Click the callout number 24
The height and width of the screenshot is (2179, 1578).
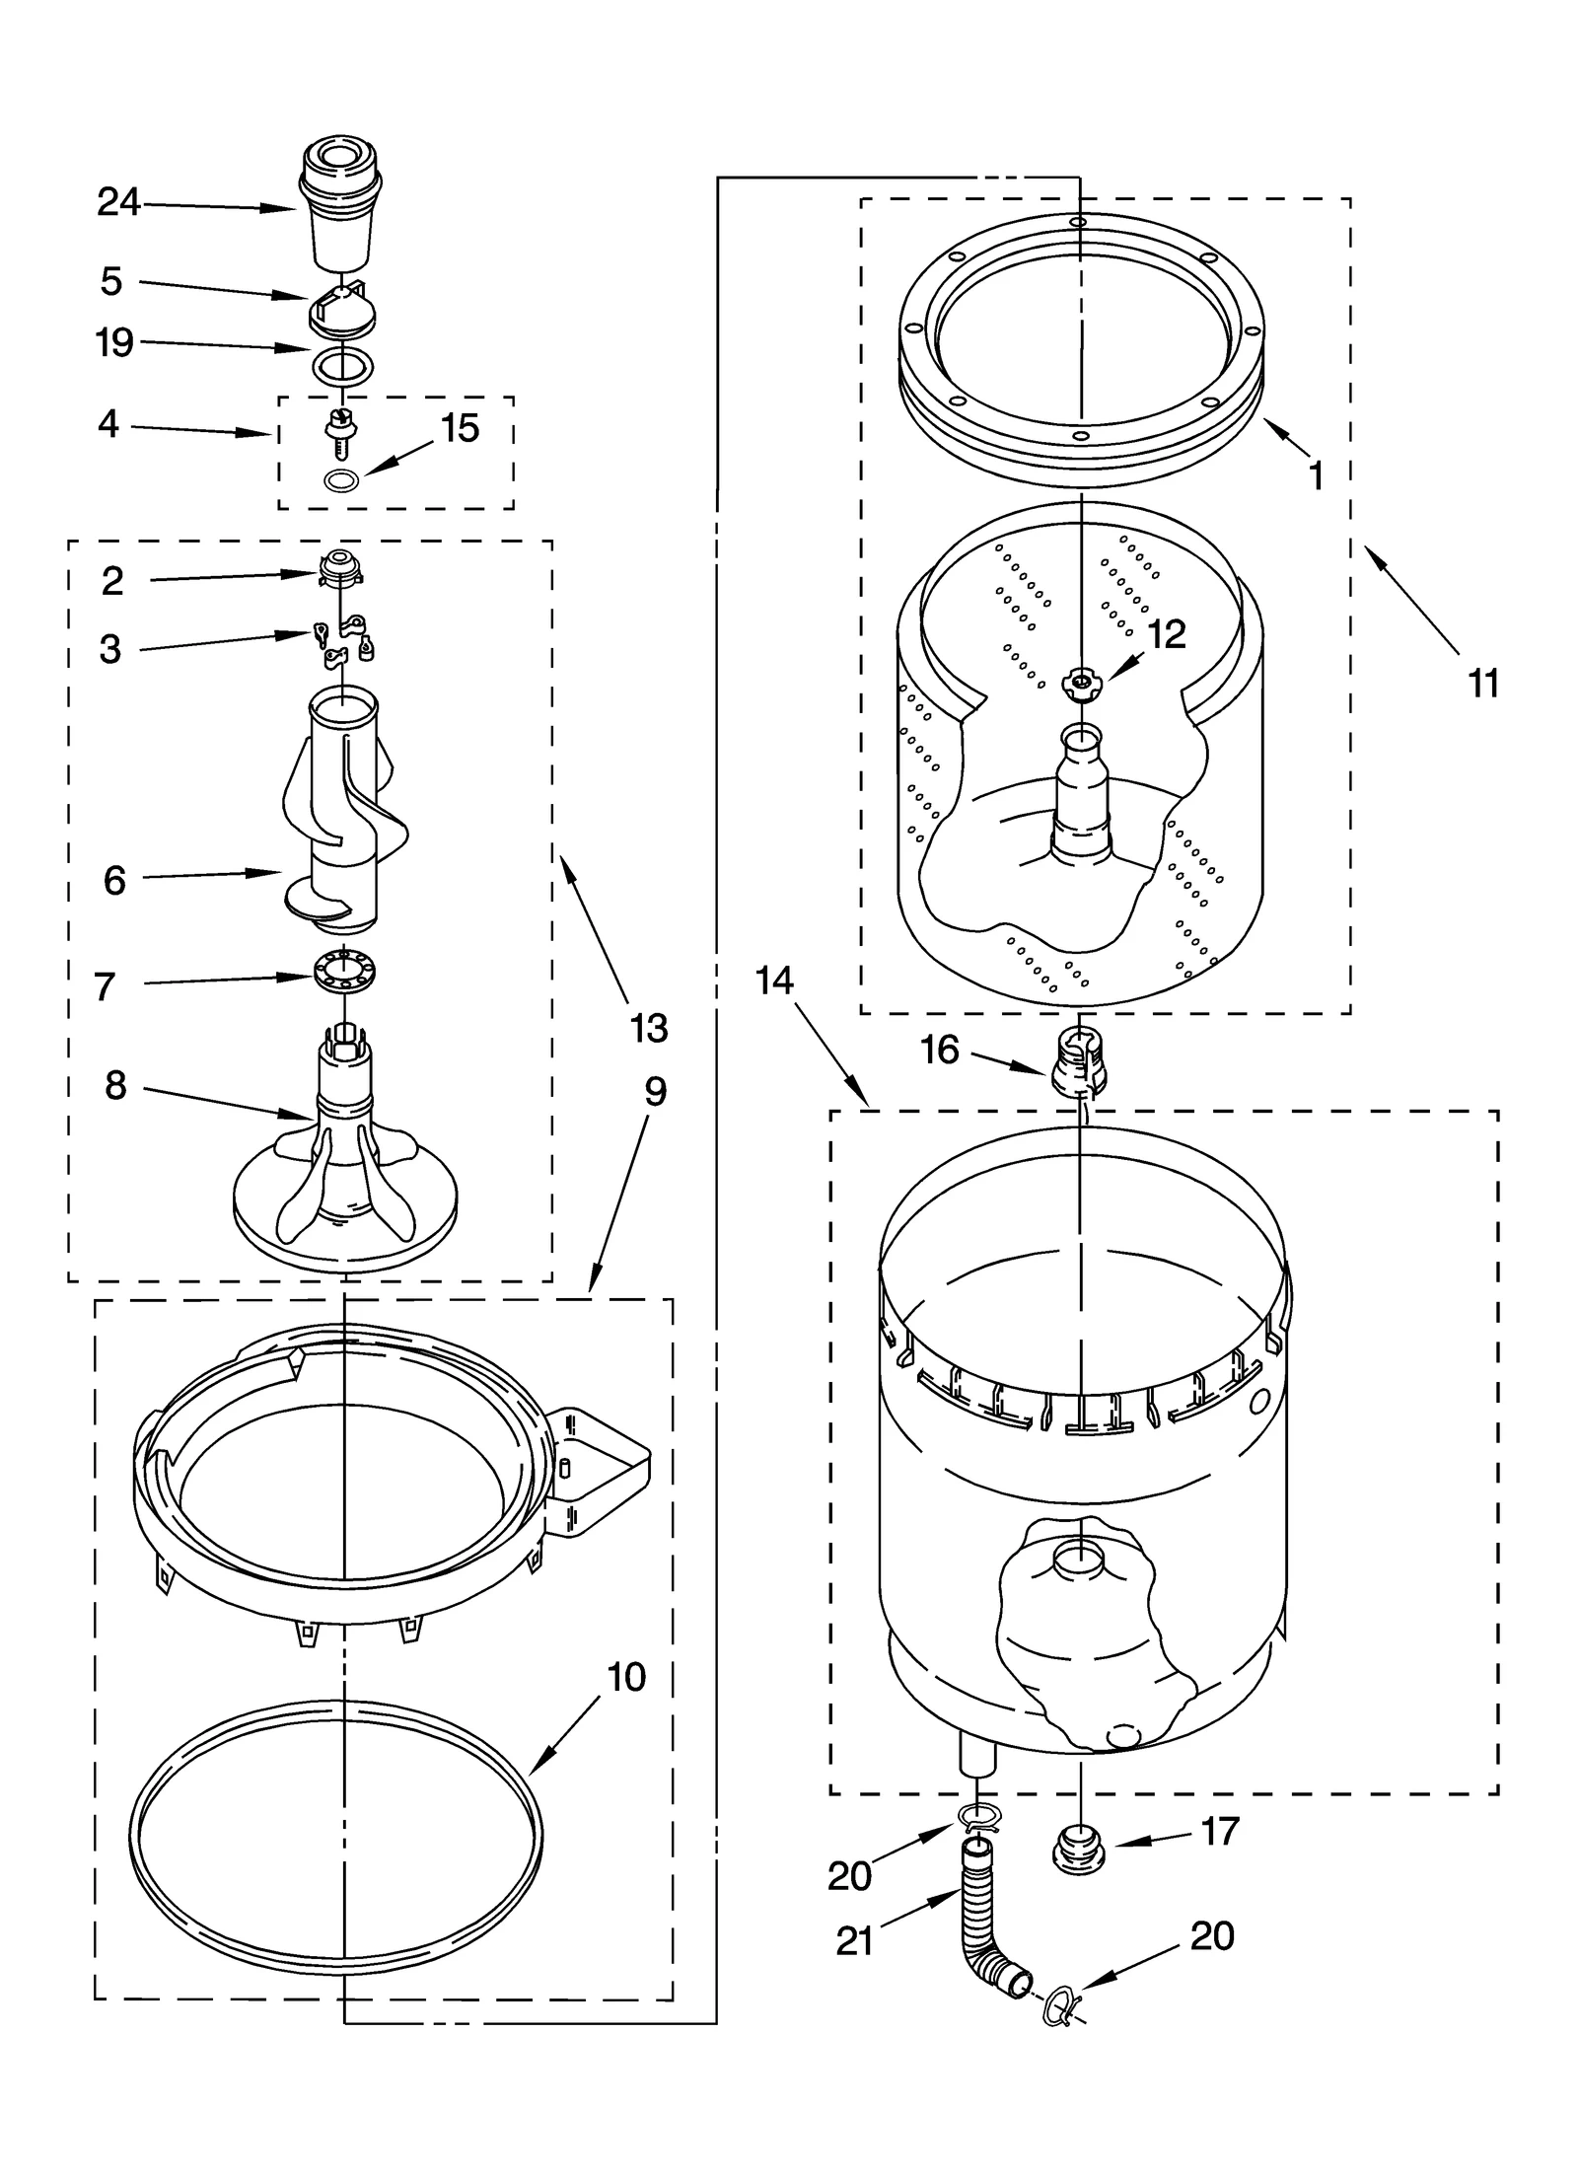(x=118, y=203)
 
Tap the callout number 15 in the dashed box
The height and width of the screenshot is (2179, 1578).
(x=460, y=428)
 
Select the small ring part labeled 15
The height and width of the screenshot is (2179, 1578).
(x=340, y=480)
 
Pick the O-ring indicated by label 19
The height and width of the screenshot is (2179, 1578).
(x=342, y=366)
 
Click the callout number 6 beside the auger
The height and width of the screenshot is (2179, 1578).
(x=114, y=880)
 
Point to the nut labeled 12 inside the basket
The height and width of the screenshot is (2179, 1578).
(x=1082, y=682)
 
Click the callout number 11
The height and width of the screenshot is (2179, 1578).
(x=1483, y=683)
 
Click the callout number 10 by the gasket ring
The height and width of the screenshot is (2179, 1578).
(x=626, y=1676)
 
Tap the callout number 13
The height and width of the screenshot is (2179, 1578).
(x=648, y=1029)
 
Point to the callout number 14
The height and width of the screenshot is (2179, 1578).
(x=774, y=981)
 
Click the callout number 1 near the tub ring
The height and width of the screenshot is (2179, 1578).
(x=1316, y=476)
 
